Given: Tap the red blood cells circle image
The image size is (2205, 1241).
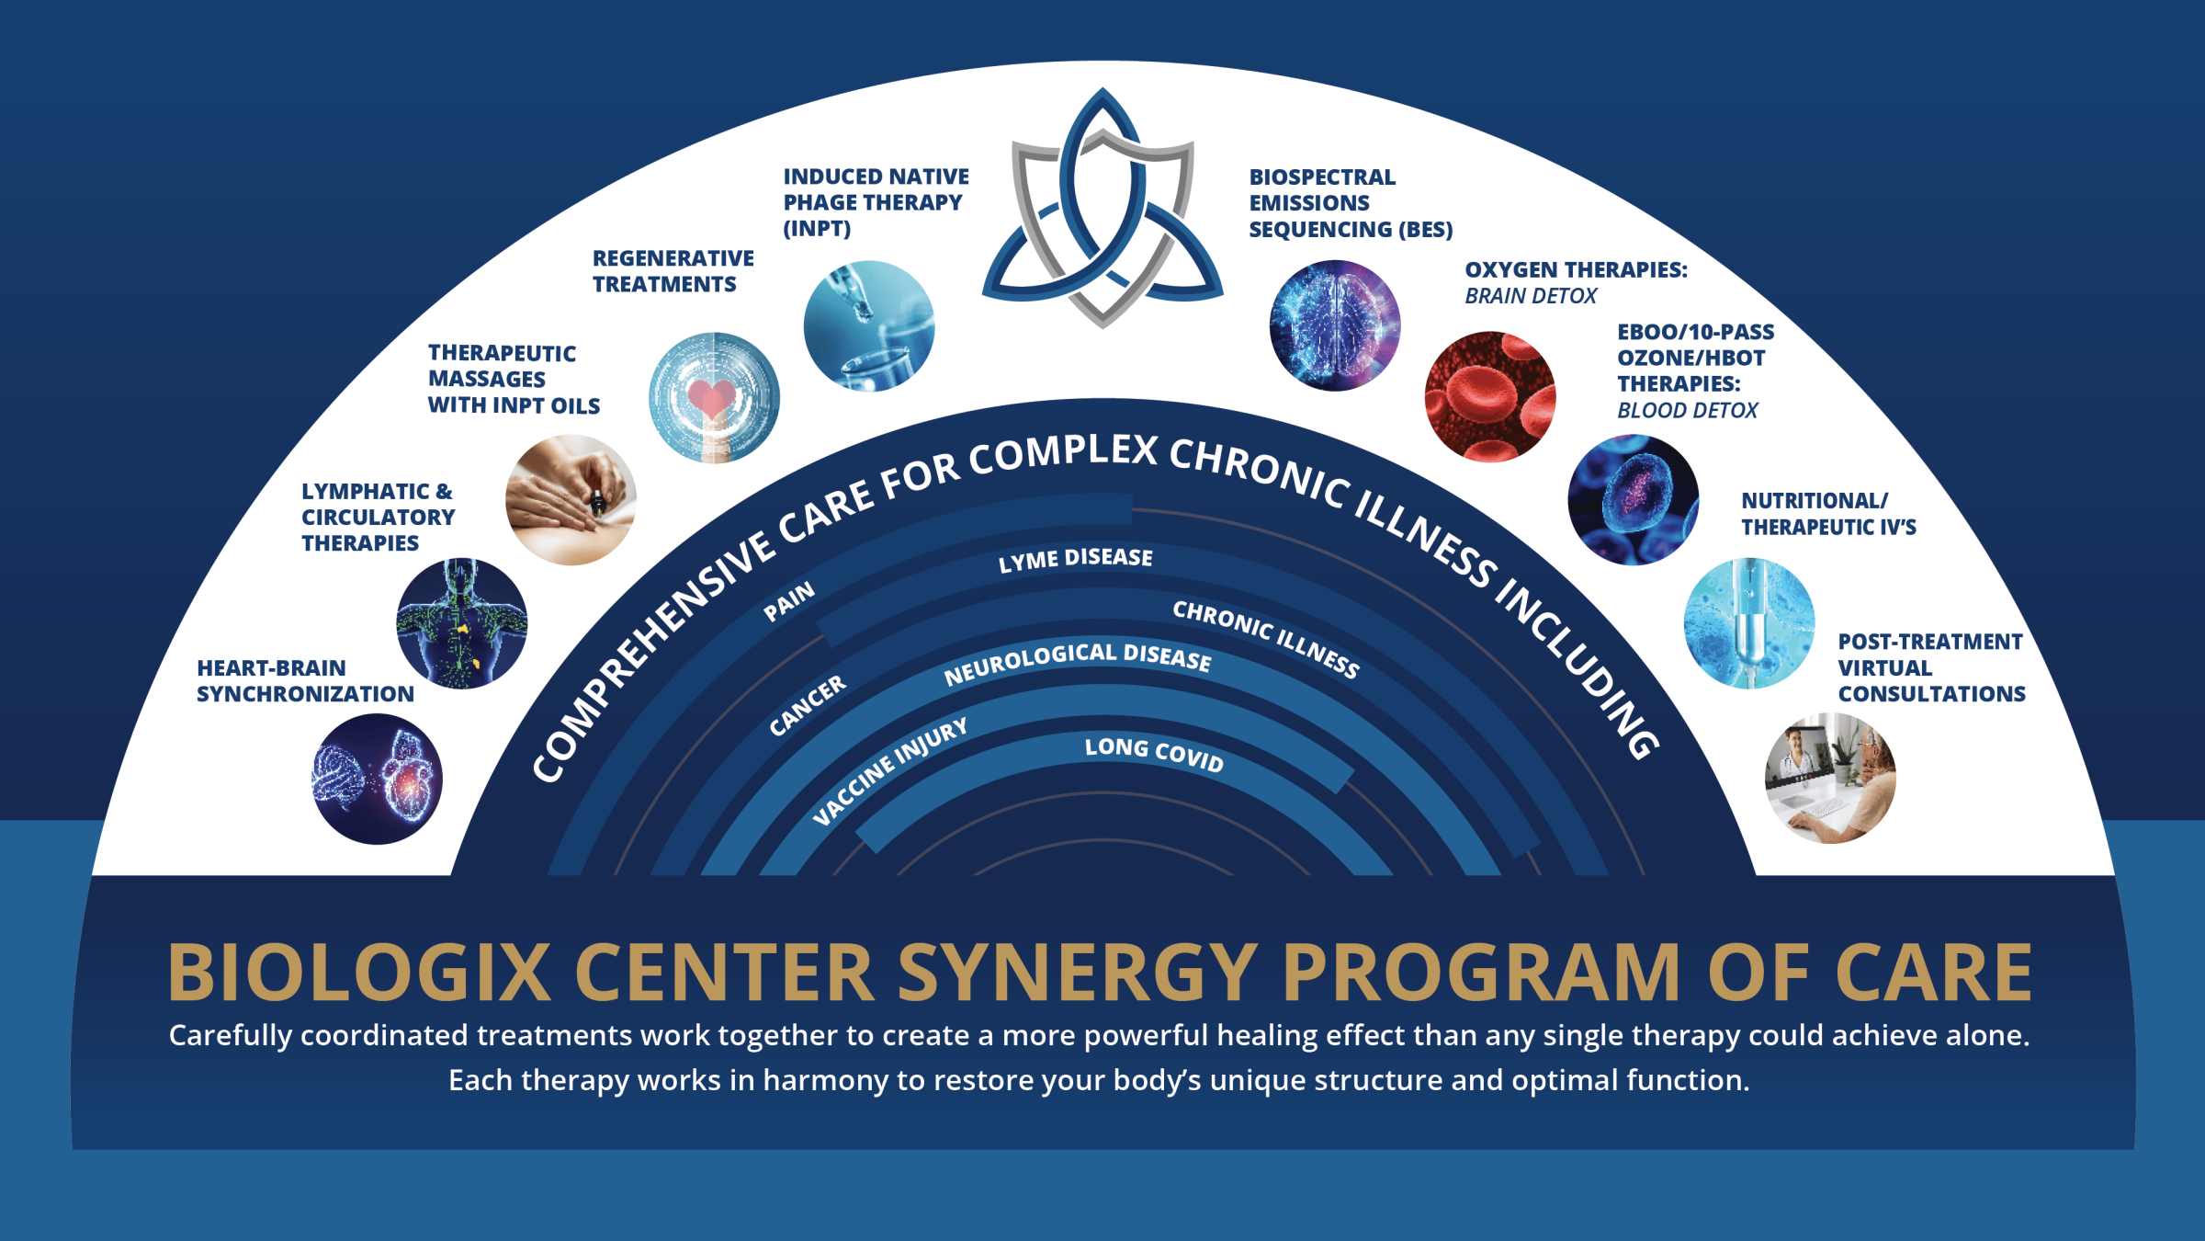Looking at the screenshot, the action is [1490, 397].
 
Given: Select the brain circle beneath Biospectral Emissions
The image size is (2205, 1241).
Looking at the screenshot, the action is [1335, 325].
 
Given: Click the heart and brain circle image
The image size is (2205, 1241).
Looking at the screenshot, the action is [377, 779].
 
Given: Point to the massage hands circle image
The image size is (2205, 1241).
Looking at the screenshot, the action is [571, 499].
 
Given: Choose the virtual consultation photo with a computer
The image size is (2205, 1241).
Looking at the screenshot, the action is [1830, 778].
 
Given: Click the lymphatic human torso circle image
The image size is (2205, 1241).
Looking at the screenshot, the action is [461, 623].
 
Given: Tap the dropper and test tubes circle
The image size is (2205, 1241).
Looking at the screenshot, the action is [869, 325].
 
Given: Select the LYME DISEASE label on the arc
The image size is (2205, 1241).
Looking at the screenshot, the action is [1076, 559].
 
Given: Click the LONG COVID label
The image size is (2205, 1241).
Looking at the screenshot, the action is [1154, 755].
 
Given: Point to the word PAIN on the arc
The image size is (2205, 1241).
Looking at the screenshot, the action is [789, 600].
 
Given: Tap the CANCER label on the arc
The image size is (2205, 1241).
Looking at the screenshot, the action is [808, 705].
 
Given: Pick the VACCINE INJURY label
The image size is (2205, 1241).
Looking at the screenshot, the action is [890, 770].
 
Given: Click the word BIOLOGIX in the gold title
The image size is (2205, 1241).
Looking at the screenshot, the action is [359, 972].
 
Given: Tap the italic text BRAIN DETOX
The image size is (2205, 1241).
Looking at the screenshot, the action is [1531, 296].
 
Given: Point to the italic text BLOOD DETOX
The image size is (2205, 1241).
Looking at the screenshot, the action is [1687, 410].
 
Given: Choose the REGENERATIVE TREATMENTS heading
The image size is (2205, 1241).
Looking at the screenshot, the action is [673, 271].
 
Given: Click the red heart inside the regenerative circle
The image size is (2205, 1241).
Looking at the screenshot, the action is [711, 398].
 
